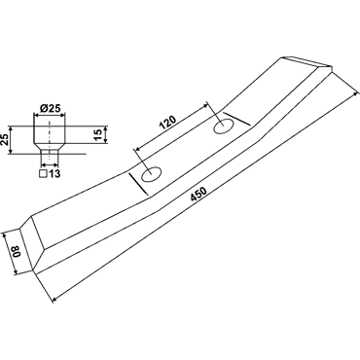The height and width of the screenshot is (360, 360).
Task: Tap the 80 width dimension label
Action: pos(17,252)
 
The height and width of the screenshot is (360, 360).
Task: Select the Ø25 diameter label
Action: pos(50,108)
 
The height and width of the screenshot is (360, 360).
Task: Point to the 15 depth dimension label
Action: pos(97,134)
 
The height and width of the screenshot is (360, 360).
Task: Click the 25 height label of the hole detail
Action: pos(4,140)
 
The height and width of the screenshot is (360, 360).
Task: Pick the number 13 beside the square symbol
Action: pos(54,174)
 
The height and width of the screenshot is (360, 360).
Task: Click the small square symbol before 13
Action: pos(43,174)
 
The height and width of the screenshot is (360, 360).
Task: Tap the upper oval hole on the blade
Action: pos(223,126)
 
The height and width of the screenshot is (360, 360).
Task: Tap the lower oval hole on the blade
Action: pos(151,174)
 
